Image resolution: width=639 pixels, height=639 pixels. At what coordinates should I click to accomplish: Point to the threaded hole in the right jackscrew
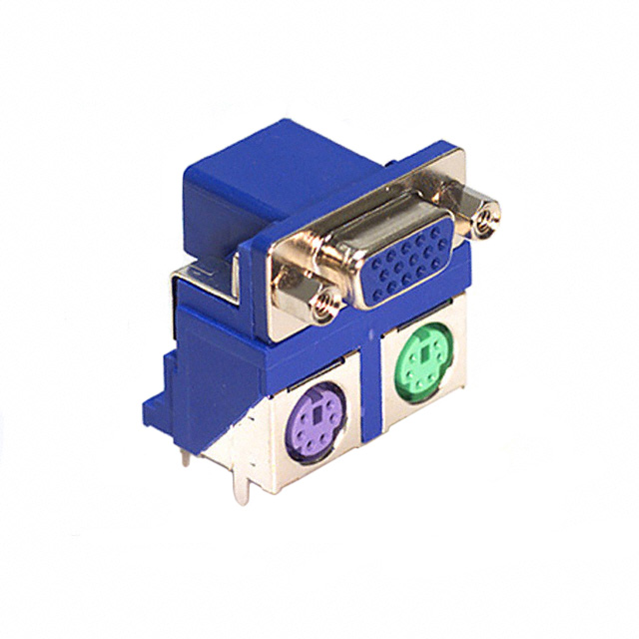tap(487, 217)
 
